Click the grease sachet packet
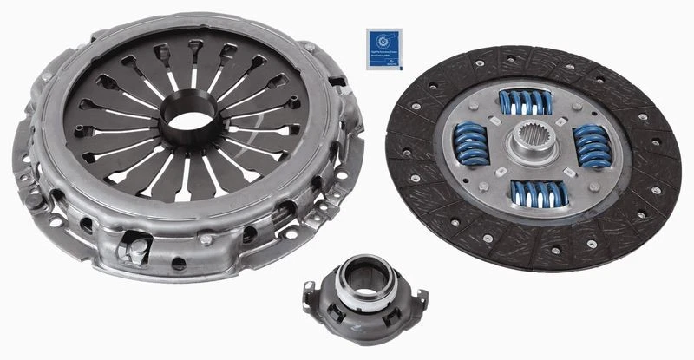pos(382,49)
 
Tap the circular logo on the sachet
pos(382,42)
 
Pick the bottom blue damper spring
pos(538,193)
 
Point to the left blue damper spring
pos(474,143)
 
